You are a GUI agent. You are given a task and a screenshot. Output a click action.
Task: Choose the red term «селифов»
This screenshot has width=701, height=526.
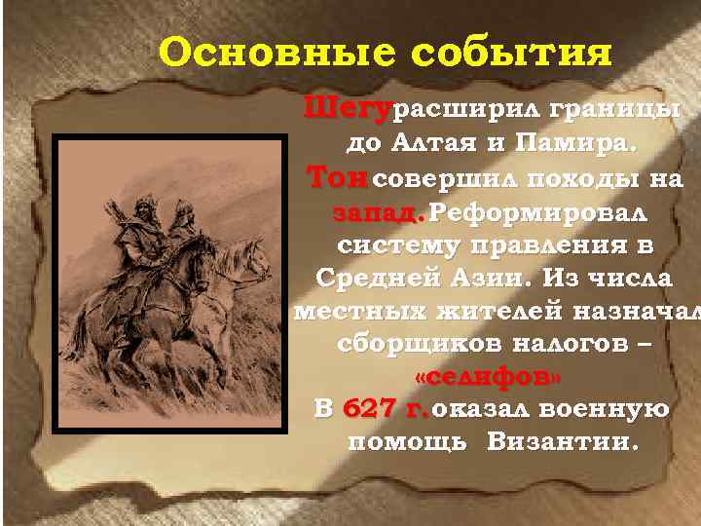(488, 376)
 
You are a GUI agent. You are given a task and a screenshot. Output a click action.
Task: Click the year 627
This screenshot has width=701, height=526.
(371, 409)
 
